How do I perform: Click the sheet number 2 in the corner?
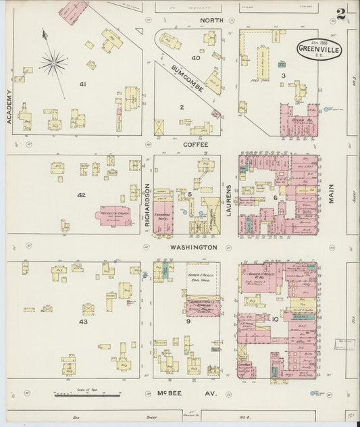[x=342, y=13]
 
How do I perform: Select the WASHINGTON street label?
[x=192, y=248]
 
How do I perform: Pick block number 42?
[x=81, y=195]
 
